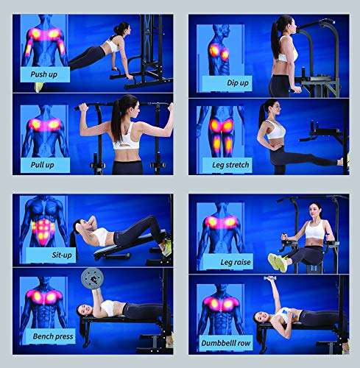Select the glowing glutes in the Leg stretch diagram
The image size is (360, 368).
(222, 127)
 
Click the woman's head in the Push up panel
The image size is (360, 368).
(120, 30)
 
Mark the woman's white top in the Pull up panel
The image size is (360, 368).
(127, 137)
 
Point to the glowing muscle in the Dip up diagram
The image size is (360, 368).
(219, 52)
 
